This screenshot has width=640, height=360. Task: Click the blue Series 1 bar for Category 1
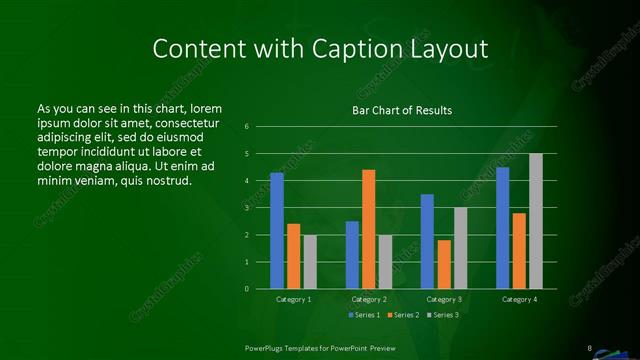(277, 231)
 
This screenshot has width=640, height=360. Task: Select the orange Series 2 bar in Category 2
(369, 229)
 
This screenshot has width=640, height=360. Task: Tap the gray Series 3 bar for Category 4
(536, 221)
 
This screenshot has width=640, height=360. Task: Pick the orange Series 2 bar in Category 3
(444, 264)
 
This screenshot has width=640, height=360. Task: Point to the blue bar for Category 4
(503, 228)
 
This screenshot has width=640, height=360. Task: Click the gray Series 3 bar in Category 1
(310, 262)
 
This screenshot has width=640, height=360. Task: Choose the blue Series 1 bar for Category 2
(352, 255)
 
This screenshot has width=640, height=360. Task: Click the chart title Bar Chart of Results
(403, 110)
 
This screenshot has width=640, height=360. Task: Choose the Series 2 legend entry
(403, 315)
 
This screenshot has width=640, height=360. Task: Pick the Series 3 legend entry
(443, 315)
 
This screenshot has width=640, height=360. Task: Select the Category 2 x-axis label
(369, 299)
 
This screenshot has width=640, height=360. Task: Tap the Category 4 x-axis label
(520, 299)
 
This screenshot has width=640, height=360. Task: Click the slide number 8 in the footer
(590, 347)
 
